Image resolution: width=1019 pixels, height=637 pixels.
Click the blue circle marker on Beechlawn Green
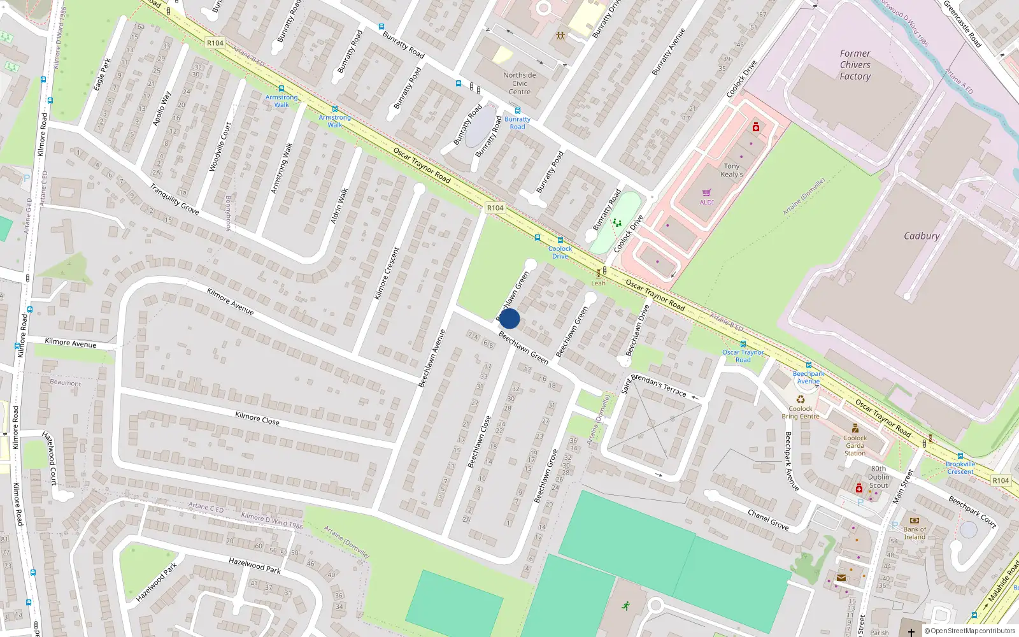(x=509, y=318)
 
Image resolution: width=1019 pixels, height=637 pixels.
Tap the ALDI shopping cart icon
(x=707, y=192)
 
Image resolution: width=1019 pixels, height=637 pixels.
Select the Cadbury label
(x=922, y=236)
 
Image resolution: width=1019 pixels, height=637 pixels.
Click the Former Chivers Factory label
(x=855, y=65)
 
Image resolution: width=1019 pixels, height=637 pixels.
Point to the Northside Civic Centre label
(x=520, y=83)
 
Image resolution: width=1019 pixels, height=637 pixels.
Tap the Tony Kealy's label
(x=731, y=170)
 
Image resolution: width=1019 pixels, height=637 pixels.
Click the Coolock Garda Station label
(x=855, y=445)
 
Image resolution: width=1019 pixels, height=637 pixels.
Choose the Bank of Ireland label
(x=915, y=533)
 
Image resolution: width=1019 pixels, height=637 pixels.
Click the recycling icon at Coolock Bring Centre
(x=801, y=399)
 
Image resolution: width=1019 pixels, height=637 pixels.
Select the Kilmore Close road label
(x=257, y=418)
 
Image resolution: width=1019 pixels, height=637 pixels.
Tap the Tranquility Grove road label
(x=174, y=199)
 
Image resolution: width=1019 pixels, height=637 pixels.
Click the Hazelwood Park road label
(x=255, y=565)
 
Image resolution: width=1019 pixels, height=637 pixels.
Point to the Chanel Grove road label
(x=768, y=519)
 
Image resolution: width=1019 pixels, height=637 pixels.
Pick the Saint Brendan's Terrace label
(x=654, y=385)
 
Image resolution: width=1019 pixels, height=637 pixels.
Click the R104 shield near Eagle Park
(x=215, y=43)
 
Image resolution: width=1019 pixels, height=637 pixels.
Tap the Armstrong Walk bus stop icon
(x=281, y=89)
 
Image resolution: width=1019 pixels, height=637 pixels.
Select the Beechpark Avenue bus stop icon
(x=809, y=365)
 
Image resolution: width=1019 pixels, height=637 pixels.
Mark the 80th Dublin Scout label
(x=878, y=477)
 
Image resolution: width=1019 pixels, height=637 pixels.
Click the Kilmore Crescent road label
(x=387, y=273)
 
